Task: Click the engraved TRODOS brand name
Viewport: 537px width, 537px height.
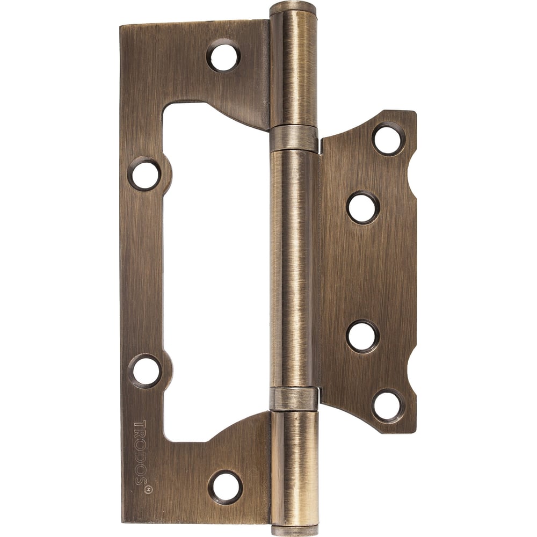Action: click(x=140, y=452)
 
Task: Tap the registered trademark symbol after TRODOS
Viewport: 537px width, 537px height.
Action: click(x=148, y=490)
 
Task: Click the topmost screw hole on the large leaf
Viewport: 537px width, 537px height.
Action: click(x=223, y=56)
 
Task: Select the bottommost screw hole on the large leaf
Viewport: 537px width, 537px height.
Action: click(x=226, y=488)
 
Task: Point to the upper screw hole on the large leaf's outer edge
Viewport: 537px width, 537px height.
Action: click(x=144, y=173)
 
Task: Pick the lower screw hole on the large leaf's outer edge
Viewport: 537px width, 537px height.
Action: click(x=145, y=371)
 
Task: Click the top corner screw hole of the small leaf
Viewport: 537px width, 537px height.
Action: click(x=388, y=139)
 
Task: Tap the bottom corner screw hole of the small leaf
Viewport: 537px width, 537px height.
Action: click(x=387, y=405)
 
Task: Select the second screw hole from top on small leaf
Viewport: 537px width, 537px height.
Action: click(x=363, y=208)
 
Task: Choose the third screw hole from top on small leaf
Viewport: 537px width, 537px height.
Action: click(x=363, y=336)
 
